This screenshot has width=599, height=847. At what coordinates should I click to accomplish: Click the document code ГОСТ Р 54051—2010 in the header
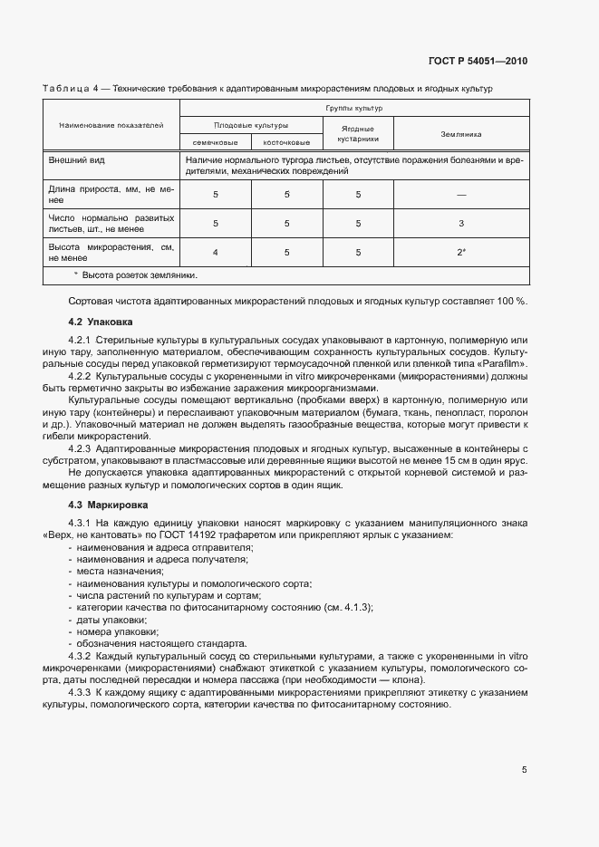[478, 62]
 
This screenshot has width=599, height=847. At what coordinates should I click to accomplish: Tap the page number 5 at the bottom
[524, 770]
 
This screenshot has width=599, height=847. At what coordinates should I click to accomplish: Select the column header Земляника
[460, 133]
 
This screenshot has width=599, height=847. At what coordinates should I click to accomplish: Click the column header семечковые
[215, 142]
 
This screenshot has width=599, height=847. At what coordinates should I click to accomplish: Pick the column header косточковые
[286, 142]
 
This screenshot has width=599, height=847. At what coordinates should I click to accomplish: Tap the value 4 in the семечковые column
[215, 252]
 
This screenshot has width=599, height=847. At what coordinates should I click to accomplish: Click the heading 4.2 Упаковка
[101, 322]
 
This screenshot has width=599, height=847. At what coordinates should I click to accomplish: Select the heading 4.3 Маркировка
[106, 504]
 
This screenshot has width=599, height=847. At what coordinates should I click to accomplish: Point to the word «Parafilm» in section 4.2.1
[500, 363]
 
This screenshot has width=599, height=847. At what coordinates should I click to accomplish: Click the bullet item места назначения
[121, 571]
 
